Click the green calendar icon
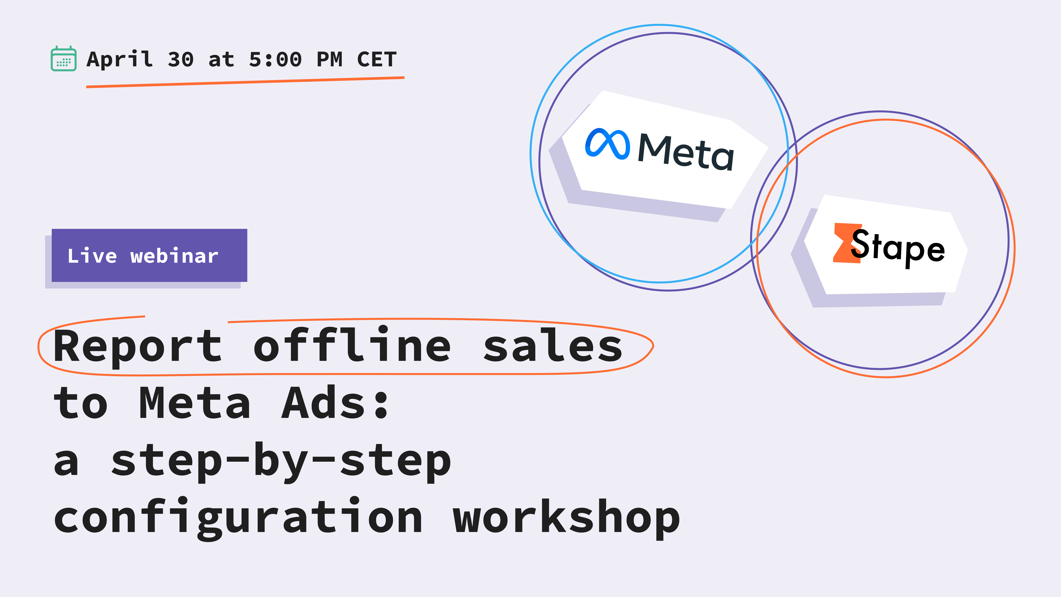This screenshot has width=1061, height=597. (x=63, y=59)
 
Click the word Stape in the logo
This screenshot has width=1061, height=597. (x=898, y=247)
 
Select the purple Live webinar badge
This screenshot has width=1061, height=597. (x=149, y=255)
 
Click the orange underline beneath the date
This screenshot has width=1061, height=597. (x=245, y=82)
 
